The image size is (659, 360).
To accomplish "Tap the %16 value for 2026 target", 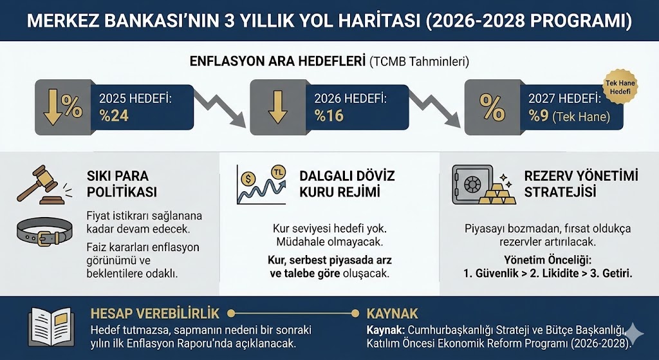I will (x=328, y=116).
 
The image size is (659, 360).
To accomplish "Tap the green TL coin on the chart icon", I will (x=279, y=173).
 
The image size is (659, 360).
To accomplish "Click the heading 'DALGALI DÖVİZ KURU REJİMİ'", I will (x=347, y=184).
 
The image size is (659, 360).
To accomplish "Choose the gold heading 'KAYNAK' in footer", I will (x=393, y=314).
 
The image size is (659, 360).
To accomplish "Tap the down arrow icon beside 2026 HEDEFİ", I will (x=278, y=107).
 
